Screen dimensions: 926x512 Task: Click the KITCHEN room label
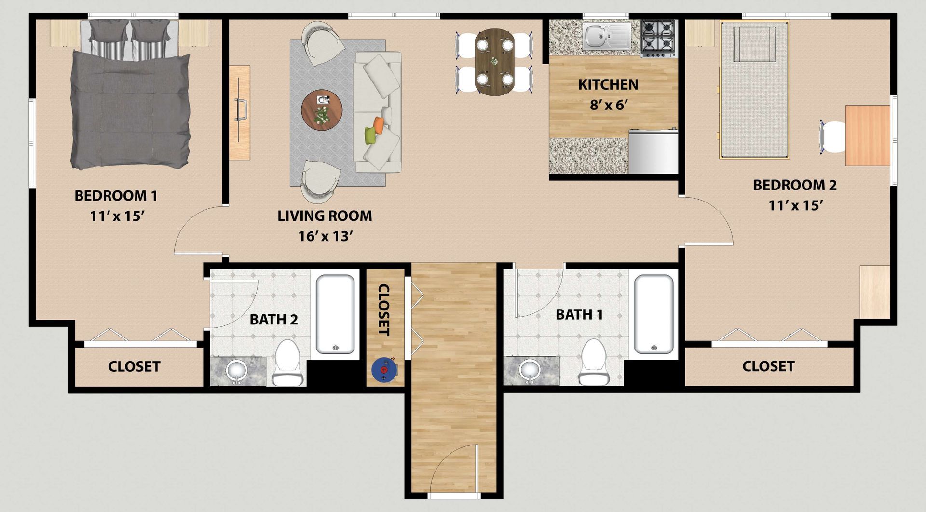(x=608, y=84)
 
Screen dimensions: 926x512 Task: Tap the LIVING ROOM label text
(x=325, y=216)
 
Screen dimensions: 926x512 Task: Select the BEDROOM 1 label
(x=116, y=196)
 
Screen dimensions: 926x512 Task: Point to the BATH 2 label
(x=273, y=320)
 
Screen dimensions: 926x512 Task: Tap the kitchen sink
(x=606, y=35)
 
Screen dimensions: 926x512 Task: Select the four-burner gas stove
(x=658, y=38)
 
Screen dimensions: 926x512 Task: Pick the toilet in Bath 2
(x=288, y=363)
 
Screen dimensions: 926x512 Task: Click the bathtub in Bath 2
(x=335, y=314)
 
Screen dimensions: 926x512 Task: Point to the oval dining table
(x=495, y=61)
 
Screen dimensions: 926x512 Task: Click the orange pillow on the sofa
(x=379, y=125)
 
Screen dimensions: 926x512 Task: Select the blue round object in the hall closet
(x=384, y=369)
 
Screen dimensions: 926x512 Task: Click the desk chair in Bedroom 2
(x=832, y=137)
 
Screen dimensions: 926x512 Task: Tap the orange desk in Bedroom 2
(x=868, y=135)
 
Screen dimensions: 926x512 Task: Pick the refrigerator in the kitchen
(x=653, y=151)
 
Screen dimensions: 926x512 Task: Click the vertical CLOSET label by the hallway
(x=384, y=310)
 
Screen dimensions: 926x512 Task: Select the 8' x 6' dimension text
(x=608, y=105)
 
